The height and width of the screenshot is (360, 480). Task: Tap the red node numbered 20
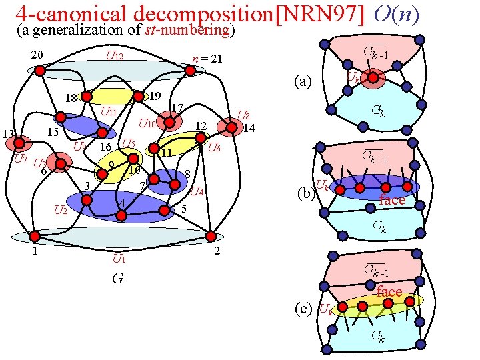pos(40,69)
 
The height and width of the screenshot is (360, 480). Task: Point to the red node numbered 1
pos(32,236)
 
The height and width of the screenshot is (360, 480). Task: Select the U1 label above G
pos(120,258)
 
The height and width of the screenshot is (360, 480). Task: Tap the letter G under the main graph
pos(117,278)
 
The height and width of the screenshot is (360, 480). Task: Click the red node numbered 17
pos(171,122)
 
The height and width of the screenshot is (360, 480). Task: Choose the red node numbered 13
pos(20,142)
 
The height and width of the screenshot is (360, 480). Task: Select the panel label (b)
pos(305,194)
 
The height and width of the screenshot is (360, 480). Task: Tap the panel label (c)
pos(304,308)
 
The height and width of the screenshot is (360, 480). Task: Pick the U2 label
pos(61,211)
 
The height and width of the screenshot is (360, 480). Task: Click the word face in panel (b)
pos(392,200)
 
